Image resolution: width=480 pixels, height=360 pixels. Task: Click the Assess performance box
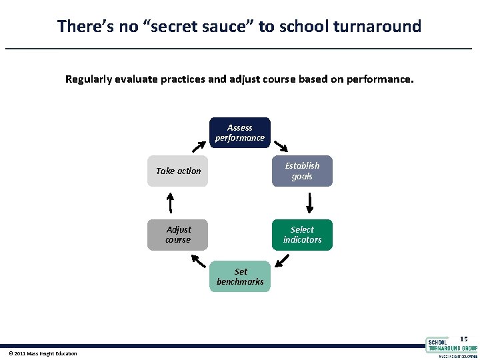pyautogui.click(x=239, y=133)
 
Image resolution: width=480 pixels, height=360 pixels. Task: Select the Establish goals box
pyautogui.click(x=302, y=171)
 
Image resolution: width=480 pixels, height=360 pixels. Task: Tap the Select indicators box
pyautogui.click(x=302, y=235)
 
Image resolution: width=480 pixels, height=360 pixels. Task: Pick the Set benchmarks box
pyautogui.click(x=240, y=277)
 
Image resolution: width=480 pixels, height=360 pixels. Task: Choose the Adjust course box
pyautogui.click(x=178, y=235)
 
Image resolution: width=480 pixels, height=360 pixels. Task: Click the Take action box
pyautogui.click(x=178, y=171)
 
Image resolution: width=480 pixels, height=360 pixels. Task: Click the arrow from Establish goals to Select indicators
pyautogui.click(x=310, y=202)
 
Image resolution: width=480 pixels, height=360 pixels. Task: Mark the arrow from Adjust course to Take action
pyautogui.click(x=170, y=202)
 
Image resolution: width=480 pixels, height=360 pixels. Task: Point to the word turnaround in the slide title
pyautogui.click(x=379, y=27)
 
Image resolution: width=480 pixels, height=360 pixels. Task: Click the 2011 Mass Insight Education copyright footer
pyautogui.click(x=43, y=353)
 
